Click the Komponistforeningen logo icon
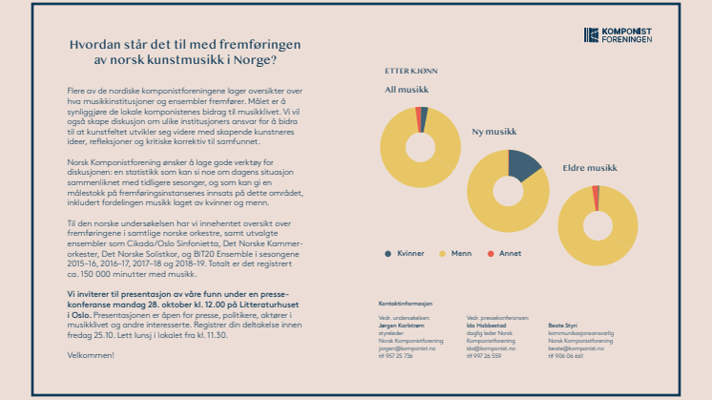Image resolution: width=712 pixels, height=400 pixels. pyautogui.click(x=591, y=35)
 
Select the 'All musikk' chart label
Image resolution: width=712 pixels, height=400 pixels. pyautogui.click(x=406, y=91)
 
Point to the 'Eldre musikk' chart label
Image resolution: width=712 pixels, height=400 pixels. pyautogui.click(x=590, y=168)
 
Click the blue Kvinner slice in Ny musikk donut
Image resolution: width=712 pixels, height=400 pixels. pyautogui.click(x=524, y=166)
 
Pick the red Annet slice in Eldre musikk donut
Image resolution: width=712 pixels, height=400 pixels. pyautogui.click(x=597, y=197)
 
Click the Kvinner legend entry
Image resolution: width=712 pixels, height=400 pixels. pyautogui.click(x=407, y=253)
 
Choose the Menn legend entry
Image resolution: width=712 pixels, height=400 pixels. pyautogui.click(x=457, y=253)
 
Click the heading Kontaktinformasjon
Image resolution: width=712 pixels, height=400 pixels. pyautogui.click(x=406, y=302)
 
